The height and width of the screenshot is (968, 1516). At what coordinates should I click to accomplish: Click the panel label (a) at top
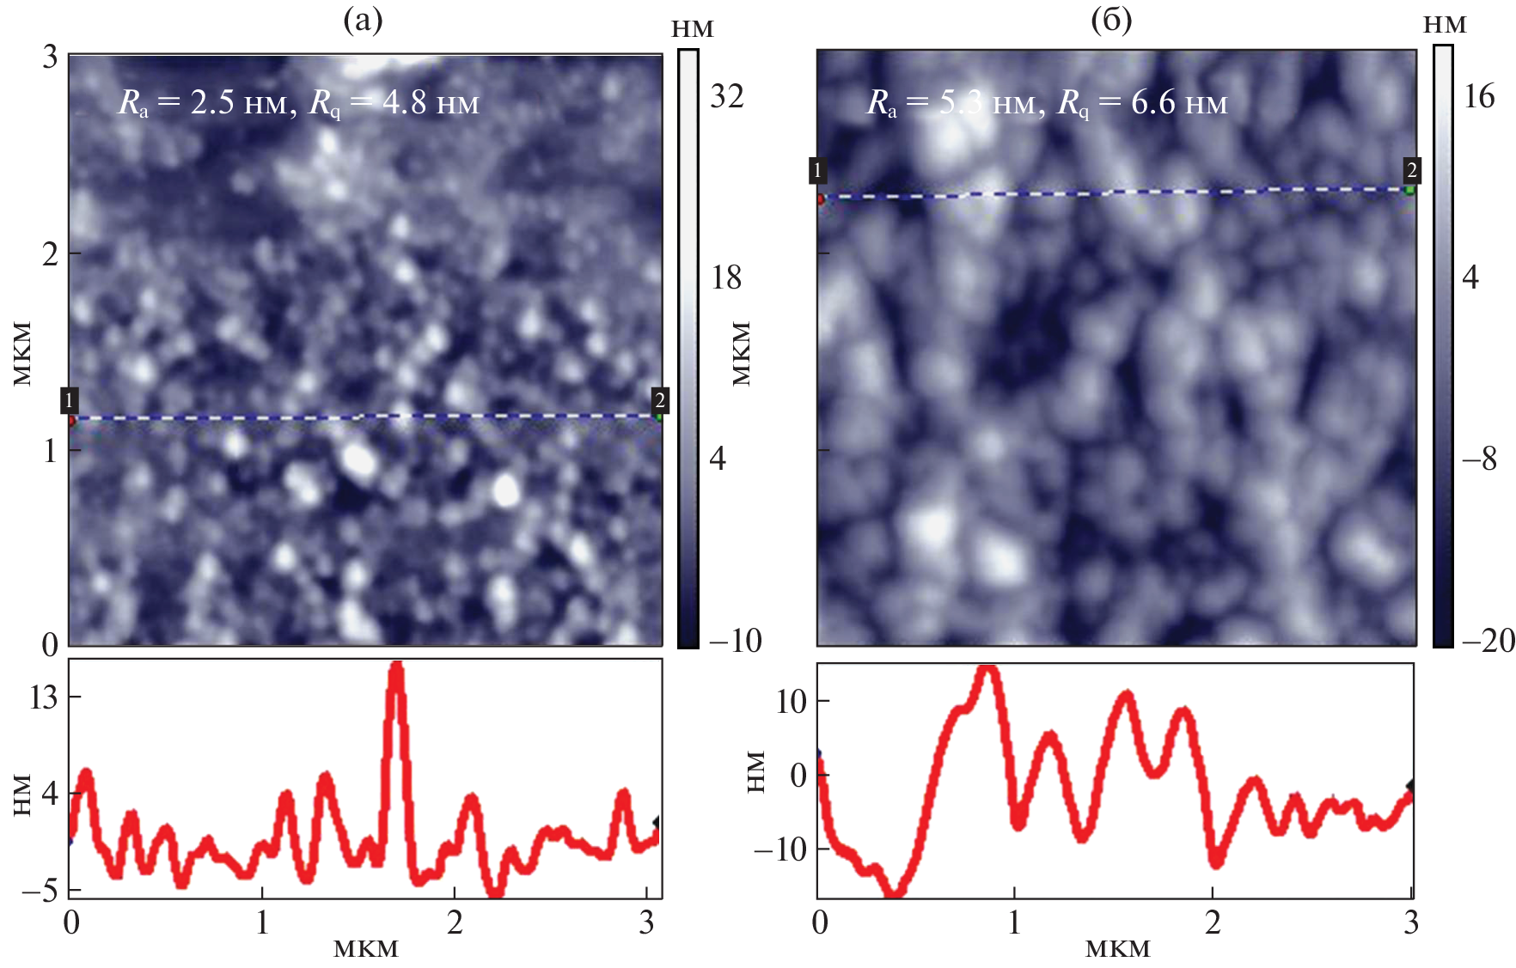(x=363, y=20)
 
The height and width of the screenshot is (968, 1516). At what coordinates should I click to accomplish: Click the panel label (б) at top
(x=1111, y=20)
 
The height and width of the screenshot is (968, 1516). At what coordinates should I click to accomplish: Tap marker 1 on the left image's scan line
(x=69, y=400)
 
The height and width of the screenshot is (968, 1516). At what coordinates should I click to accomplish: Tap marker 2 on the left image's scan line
(x=659, y=400)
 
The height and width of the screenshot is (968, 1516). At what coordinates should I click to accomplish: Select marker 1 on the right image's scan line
(x=817, y=171)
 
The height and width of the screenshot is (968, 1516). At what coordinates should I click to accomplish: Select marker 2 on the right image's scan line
(x=1411, y=170)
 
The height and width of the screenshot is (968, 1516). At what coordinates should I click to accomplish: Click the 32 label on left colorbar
(x=726, y=96)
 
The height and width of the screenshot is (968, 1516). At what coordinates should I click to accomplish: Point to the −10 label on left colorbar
(x=735, y=641)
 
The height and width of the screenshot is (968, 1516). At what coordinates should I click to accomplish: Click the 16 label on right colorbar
(x=1479, y=96)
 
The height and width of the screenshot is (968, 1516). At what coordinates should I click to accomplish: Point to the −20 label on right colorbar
(x=1487, y=641)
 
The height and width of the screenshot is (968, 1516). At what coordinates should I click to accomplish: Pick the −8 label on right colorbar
(x=1480, y=459)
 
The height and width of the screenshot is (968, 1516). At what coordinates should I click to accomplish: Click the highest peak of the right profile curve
(x=988, y=668)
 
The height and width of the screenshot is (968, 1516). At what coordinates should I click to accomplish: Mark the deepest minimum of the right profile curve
(x=896, y=893)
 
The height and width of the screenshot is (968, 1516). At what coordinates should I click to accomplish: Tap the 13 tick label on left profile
(x=43, y=697)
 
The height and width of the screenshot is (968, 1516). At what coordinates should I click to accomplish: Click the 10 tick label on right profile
(x=791, y=702)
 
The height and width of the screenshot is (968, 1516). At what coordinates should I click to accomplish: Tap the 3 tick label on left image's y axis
(x=50, y=58)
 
